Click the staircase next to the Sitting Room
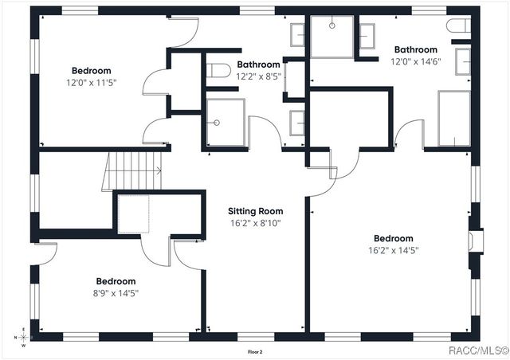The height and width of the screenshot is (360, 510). point(132,171)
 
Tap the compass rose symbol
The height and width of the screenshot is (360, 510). point(23,338)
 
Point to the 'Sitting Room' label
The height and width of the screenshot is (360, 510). point(255,211)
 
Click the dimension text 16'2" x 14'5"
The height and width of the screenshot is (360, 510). point(393,250)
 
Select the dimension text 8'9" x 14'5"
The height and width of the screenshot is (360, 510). point(116,292)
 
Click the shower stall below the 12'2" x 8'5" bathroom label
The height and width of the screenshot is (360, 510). point(226,123)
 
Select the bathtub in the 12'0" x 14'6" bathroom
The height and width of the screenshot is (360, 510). point(453,118)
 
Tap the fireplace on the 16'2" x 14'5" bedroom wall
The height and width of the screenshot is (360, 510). point(476,241)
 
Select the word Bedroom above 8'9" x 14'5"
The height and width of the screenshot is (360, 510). point(116,281)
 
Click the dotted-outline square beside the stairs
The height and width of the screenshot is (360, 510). point(133,213)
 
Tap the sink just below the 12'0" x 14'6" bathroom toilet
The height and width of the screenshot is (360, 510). point(462,61)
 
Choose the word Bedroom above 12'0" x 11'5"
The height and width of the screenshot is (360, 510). point(92,70)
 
